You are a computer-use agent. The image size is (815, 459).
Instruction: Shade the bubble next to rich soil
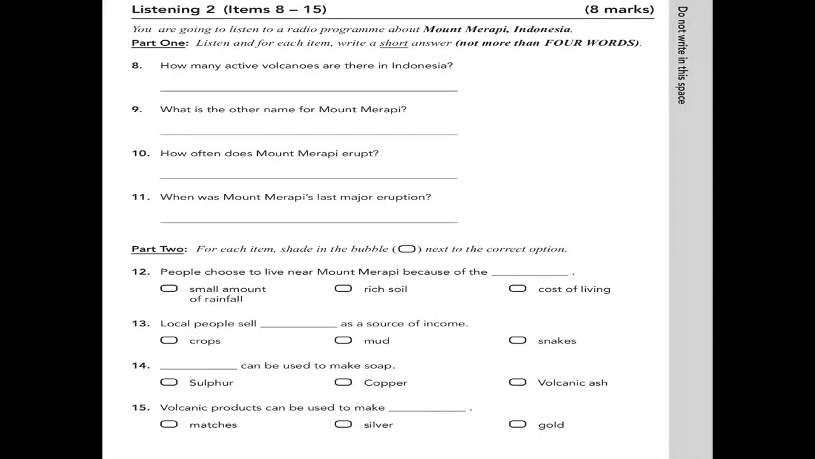pyautogui.click(x=343, y=289)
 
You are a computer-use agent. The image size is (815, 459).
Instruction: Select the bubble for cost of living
pyautogui.click(x=518, y=289)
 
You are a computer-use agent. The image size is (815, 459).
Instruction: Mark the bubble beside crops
pyautogui.click(x=169, y=340)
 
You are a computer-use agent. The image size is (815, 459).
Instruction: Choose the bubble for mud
pyautogui.click(x=343, y=340)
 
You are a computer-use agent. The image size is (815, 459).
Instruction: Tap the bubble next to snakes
pyautogui.click(x=518, y=340)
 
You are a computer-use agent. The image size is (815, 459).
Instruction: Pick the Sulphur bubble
pyautogui.click(x=169, y=382)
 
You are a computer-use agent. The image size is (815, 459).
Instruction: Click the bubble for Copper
pyautogui.click(x=343, y=382)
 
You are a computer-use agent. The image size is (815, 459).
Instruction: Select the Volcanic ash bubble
pyautogui.click(x=518, y=382)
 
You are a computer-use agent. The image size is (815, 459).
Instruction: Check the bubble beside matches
pyautogui.click(x=169, y=425)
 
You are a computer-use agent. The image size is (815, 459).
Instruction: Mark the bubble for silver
pyautogui.click(x=343, y=425)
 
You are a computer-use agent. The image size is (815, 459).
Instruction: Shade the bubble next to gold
pyautogui.click(x=518, y=425)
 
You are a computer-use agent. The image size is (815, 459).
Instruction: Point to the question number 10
pyautogui.click(x=140, y=154)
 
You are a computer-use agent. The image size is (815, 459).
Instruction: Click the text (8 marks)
pyautogui.click(x=619, y=10)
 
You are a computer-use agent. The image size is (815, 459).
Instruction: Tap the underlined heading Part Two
pyautogui.click(x=158, y=249)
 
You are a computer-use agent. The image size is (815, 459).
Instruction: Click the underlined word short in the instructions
pyautogui.click(x=393, y=43)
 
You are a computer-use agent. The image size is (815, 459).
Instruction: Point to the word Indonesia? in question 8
pyautogui.click(x=422, y=66)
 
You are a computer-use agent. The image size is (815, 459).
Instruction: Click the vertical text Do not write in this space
pyautogui.click(x=682, y=55)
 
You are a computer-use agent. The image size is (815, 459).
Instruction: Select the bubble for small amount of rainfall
pyautogui.click(x=169, y=289)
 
